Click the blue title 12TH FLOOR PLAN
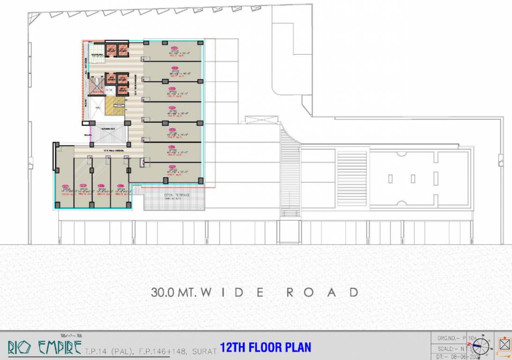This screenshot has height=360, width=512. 265,347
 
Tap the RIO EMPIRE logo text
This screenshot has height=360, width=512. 41,347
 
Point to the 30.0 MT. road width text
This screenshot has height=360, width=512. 173,292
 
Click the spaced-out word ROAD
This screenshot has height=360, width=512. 322,292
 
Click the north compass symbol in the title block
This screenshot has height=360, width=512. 481,347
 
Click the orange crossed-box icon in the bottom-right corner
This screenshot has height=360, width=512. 504,344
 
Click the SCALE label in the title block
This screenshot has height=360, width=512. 446,349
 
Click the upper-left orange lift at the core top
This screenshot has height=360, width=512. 111,50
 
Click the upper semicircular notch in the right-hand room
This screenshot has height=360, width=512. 401,154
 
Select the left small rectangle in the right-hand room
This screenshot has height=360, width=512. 390,179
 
